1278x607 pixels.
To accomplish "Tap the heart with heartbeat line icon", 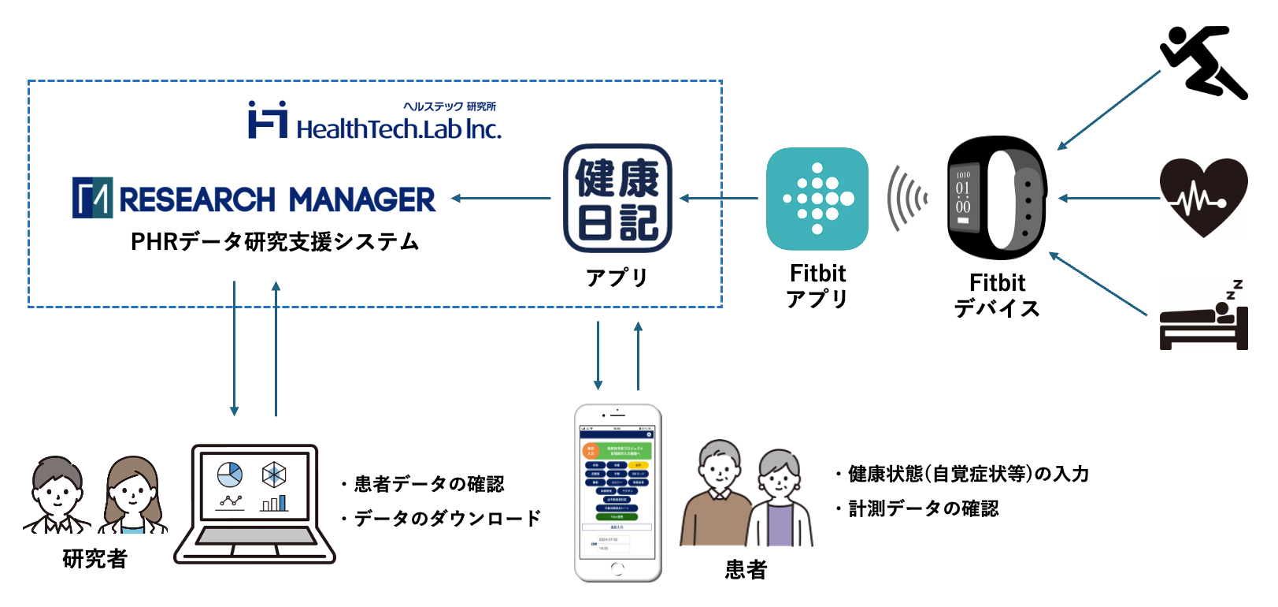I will point(1203,197).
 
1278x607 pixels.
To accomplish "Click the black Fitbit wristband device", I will point(997,198).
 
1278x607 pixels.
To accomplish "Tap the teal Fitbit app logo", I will point(817,199).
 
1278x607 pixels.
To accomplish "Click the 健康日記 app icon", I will point(617,198).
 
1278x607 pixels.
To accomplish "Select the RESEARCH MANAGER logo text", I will point(276,199).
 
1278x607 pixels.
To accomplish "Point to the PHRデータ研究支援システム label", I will point(275,241).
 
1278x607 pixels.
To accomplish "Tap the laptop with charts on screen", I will point(254,505).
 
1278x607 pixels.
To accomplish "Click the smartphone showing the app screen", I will point(618,493).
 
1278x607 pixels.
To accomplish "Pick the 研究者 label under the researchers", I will point(94,559).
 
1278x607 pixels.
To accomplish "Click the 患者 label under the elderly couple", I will point(746,569).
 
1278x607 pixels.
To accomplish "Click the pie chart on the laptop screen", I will point(230,475).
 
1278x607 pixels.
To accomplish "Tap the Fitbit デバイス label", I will point(997,296).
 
